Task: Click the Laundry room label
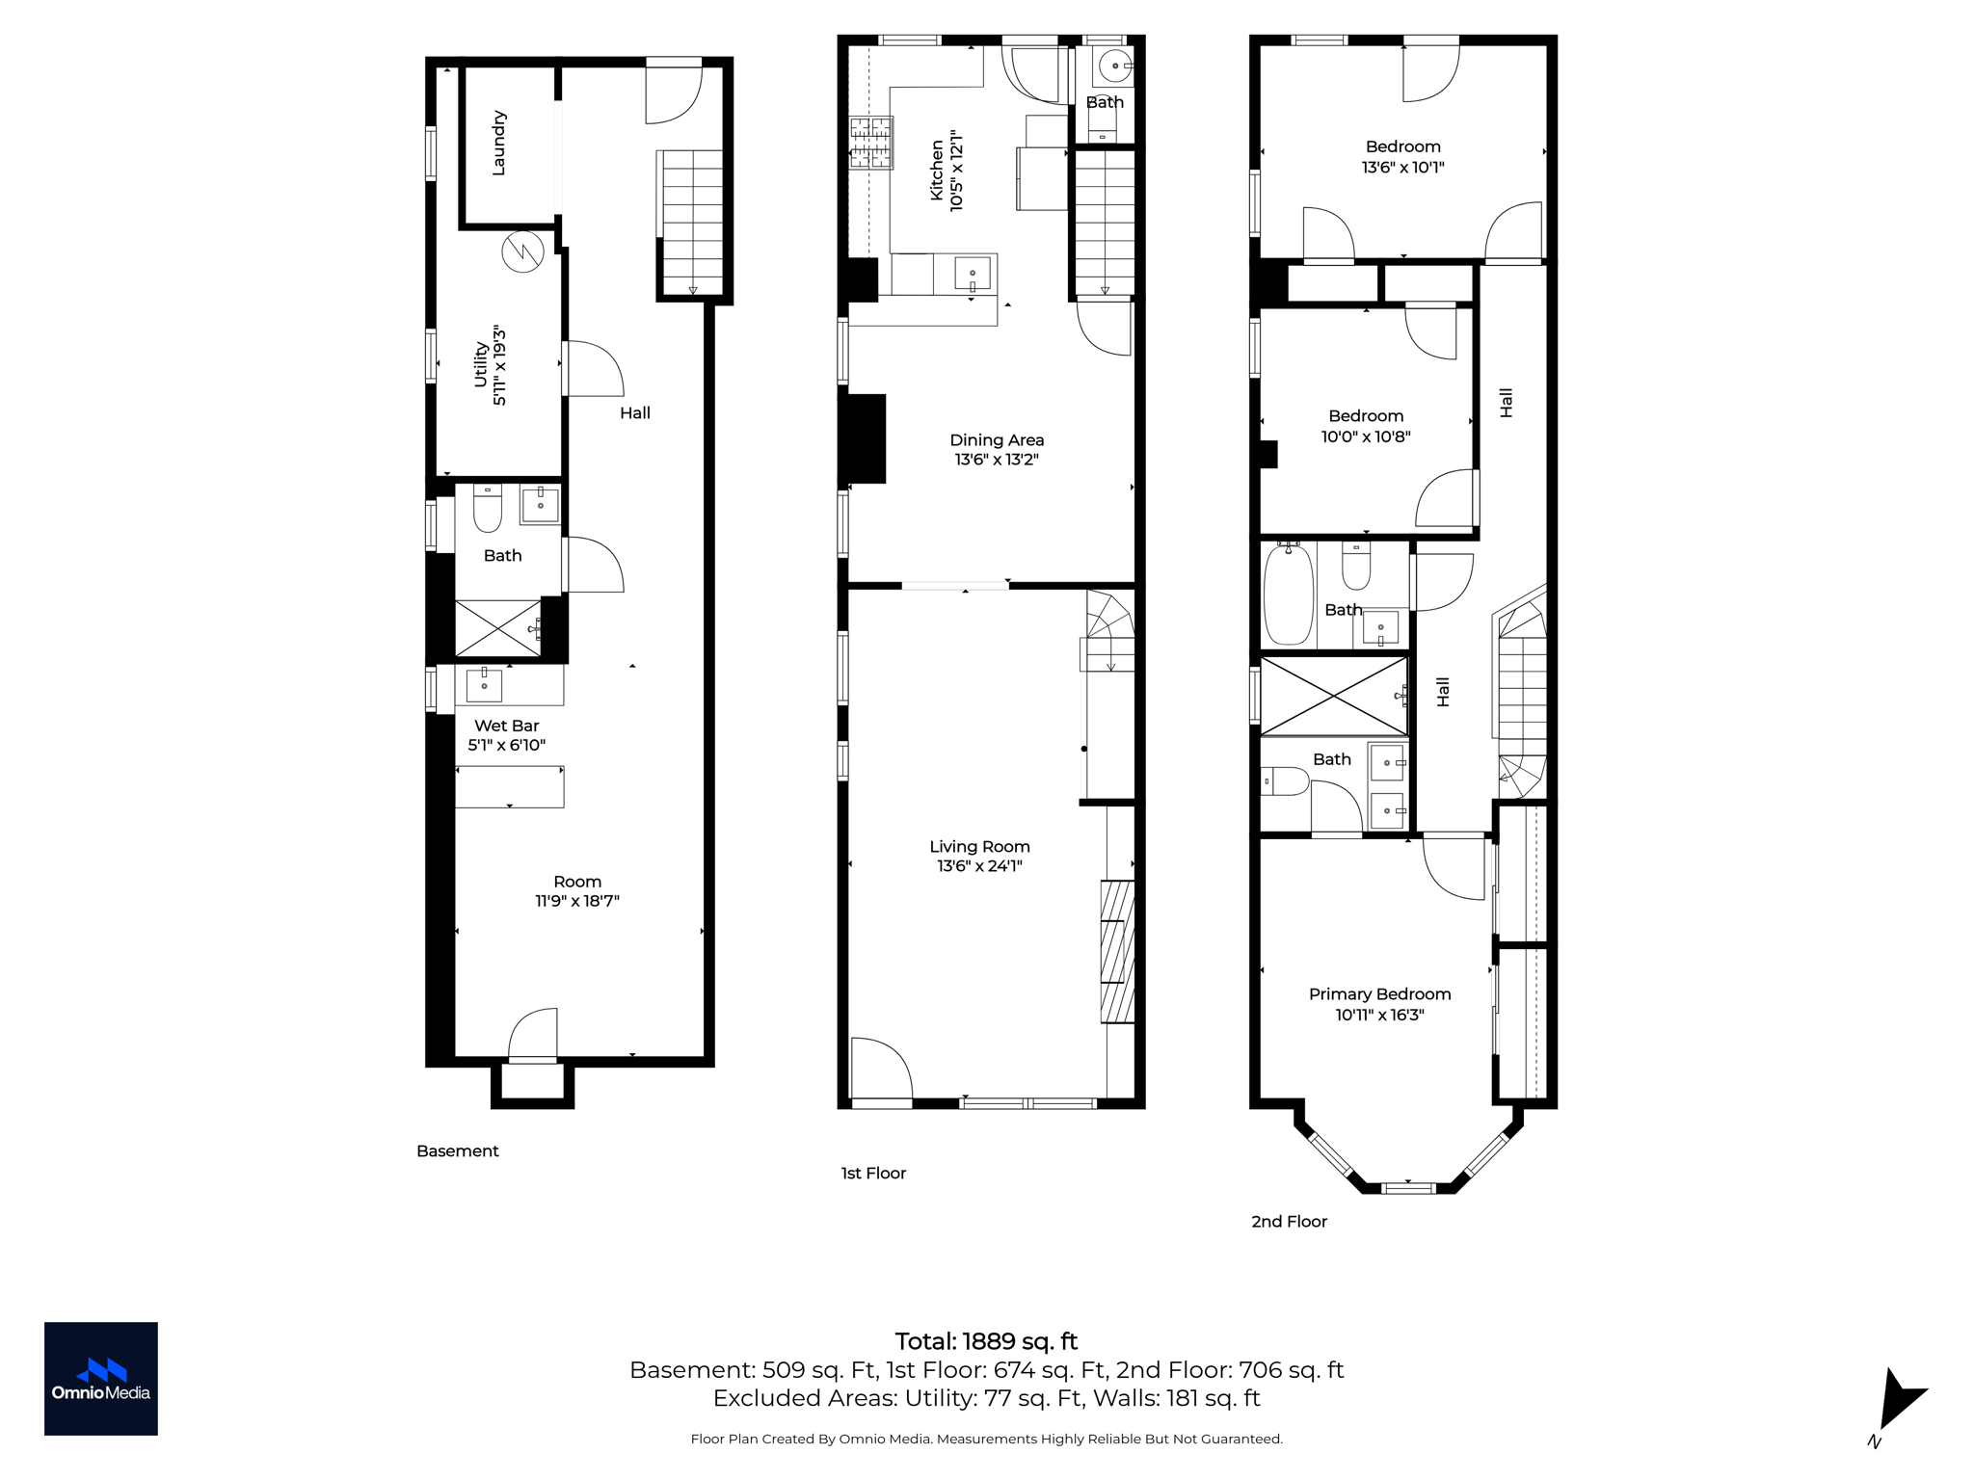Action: coord(498,144)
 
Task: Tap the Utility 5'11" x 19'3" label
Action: coord(490,365)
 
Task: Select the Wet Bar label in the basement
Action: coord(506,726)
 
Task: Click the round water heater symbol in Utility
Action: coord(522,251)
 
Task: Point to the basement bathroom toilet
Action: coord(488,509)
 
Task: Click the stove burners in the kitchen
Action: coord(870,143)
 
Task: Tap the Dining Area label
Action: coord(997,440)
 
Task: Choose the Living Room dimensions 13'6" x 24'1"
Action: coord(979,866)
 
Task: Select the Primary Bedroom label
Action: coord(1379,994)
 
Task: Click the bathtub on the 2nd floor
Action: coord(1289,594)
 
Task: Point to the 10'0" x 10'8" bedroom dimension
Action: coord(1366,436)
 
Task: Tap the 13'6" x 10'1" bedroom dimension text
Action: coord(1402,168)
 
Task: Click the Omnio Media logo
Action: coord(101,1379)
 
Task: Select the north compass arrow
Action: coord(1899,1398)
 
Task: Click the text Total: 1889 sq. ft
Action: coord(986,1341)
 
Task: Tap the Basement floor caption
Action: coord(458,1151)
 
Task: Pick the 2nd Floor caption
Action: coord(1289,1222)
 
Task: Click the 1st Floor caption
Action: coord(873,1174)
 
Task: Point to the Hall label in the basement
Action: coord(635,413)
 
